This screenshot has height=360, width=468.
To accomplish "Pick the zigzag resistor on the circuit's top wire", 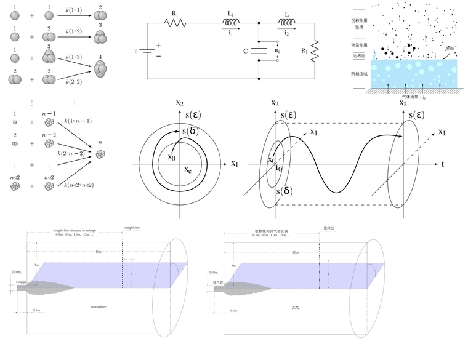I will coord(175,23).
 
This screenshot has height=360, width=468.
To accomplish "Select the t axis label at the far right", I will coord(442,164).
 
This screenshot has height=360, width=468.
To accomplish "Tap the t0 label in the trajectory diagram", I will coord(279,167).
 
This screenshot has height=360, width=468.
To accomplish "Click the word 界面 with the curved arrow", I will coord(450,48).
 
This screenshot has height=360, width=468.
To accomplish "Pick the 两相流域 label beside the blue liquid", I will coord(359,73).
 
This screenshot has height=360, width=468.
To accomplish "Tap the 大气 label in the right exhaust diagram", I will coord(296,306).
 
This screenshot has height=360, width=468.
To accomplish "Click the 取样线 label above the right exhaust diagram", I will coord(329,228).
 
